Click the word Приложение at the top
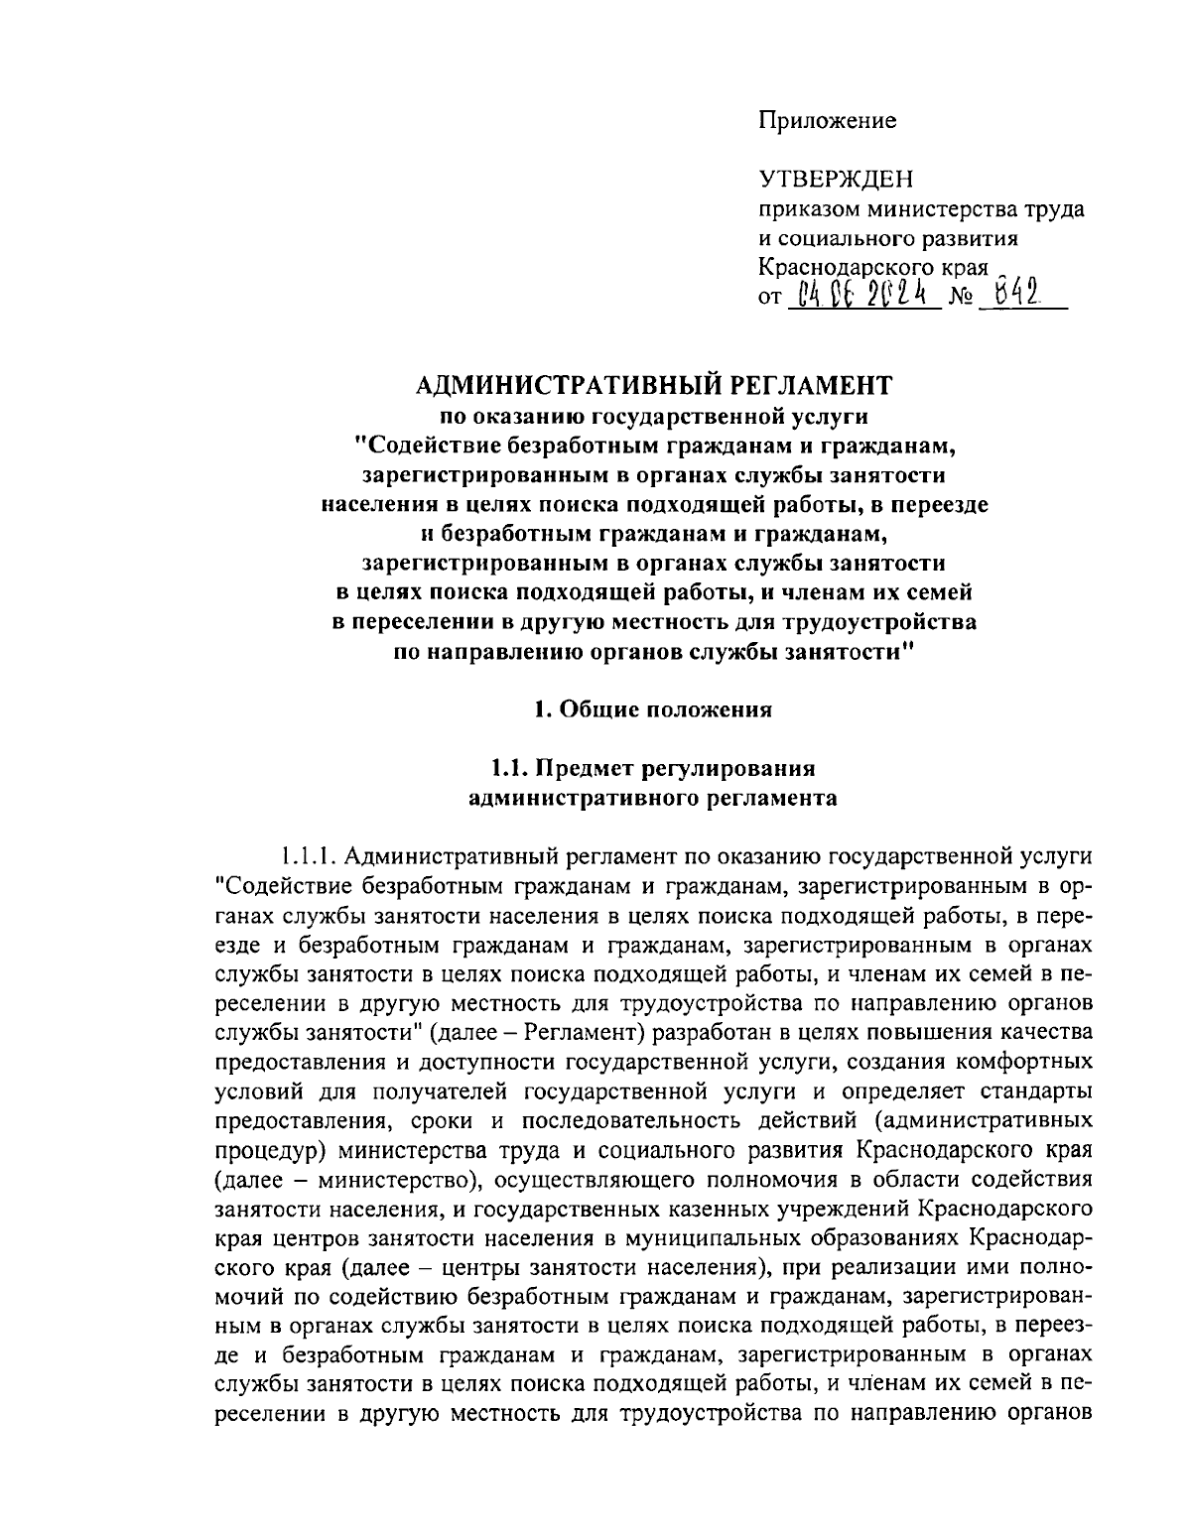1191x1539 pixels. tap(827, 121)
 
